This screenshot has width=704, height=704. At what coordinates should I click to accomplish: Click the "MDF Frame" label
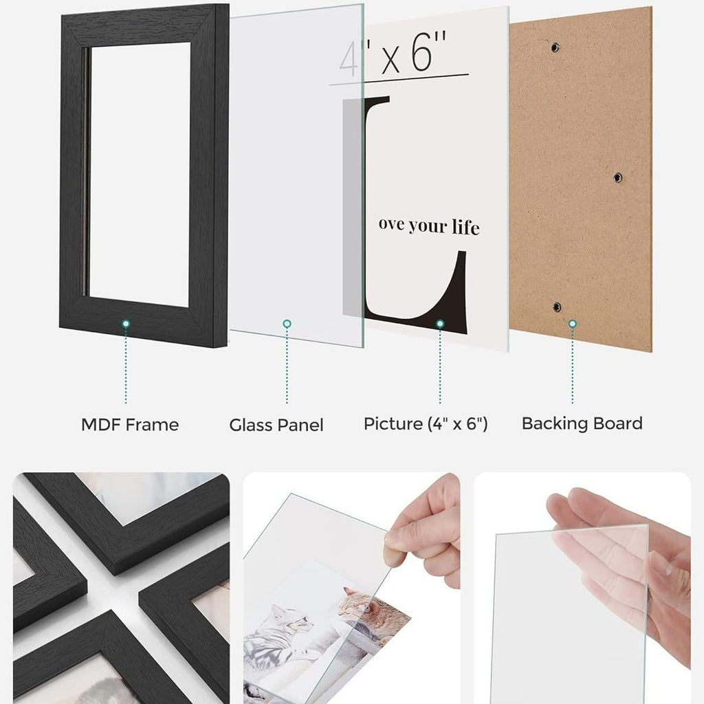pyautogui.click(x=130, y=424)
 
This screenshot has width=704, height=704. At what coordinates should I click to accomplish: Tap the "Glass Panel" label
pyautogui.click(x=276, y=425)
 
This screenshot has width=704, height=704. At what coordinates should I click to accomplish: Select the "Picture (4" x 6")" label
pyautogui.click(x=425, y=423)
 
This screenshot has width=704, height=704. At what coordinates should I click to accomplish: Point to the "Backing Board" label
pyautogui.click(x=582, y=423)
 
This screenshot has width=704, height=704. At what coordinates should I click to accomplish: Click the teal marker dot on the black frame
pyautogui.click(x=126, y=324)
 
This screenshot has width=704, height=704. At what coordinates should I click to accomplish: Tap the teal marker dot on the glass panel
pyautogui.click(x=287, y=324)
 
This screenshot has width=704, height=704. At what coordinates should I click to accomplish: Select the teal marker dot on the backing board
pyautogui.click(x=573, y=324)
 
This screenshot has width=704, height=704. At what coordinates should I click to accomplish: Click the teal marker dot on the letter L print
pyautogui.click(x=440, y=324)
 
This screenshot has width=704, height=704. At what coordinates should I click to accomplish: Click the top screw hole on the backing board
pyautogui.click(x=555, y=47)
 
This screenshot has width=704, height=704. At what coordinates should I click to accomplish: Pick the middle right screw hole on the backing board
pyautogui.click(x=618, y=177)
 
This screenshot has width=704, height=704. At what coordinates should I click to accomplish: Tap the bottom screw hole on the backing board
pyautogui.click(x=557, y=307)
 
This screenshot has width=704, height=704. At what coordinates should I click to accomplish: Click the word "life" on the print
pyautogui.click(x=465, y=227)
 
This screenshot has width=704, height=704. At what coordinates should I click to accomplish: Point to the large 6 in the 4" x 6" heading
pyautogui.click(x=423, y=52)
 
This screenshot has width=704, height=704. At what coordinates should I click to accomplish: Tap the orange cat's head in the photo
pyautogui.click(x=355, y=602)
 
